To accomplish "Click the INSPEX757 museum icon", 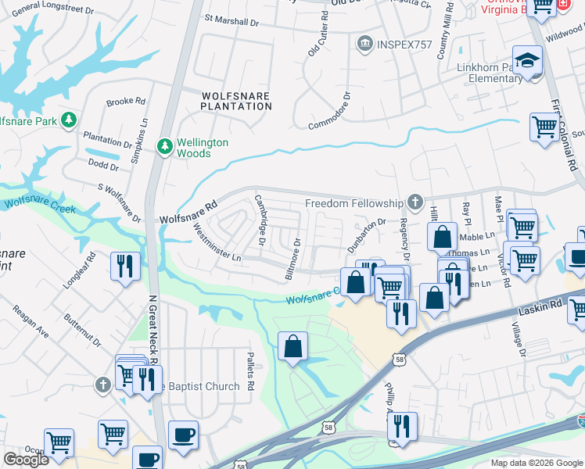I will (x=364, y=44).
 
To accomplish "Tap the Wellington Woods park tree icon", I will (x=165, y=146).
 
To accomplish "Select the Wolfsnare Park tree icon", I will (x=70, y=120).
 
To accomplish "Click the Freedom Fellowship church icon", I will (x=415, y=202).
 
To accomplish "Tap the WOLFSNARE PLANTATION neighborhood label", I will (x=235, y=101).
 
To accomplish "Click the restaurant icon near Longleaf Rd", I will (x=126, y=265).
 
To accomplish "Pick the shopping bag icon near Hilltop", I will (x=442, y=235).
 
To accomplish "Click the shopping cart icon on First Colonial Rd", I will (x=544, y=126).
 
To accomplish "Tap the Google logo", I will (x=26, y=460).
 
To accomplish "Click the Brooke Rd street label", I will (x=126, y=102).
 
